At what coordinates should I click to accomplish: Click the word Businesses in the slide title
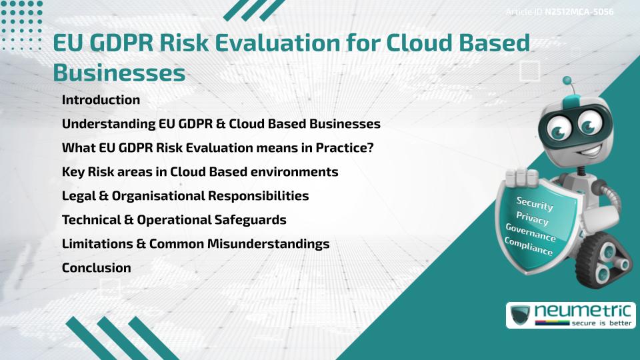click(x=119, y=73)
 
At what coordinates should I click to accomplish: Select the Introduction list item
click(x=101, y=100)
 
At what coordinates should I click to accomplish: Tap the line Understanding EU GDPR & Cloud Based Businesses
click(x=221, y=124)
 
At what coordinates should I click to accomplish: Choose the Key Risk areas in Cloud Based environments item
click(x=200, y=172)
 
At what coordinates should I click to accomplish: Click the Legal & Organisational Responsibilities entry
click(x=185, y=196)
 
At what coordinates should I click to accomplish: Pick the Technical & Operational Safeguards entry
click(x=174, y=220)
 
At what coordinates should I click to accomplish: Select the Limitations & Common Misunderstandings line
click(x=195, y=244)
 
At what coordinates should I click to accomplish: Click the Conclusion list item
click(x=96, y=268)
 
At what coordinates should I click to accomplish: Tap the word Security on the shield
click(x=535, y=204)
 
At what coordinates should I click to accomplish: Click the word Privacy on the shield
click(x=532, y=218)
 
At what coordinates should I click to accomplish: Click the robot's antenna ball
click(x=568, y=81)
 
